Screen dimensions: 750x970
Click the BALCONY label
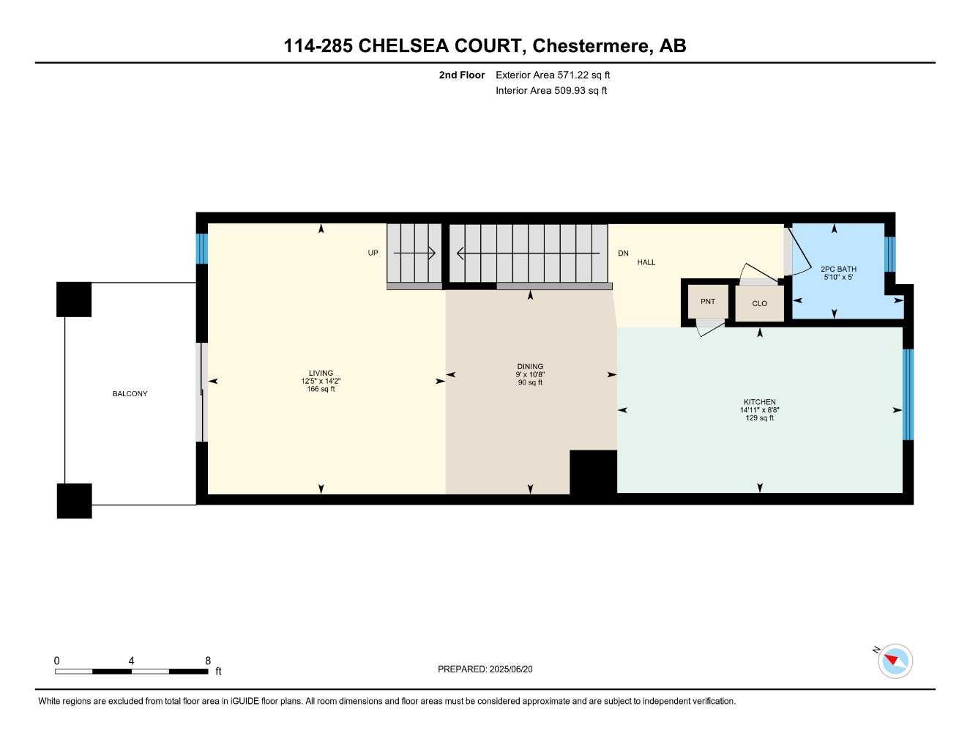coord(130,394)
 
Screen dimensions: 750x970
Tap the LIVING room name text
coord(321,373)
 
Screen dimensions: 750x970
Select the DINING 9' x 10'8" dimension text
coord(530,374)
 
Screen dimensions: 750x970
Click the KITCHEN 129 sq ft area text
coord(759,418)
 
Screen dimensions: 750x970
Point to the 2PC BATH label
coord(838,270)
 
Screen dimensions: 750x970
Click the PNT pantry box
coord(707,302)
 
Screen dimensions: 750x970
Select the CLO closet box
coord(759,303)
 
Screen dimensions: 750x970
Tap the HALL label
coord(646,262)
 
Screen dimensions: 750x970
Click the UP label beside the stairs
coord(373,253)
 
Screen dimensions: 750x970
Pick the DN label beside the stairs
coord(623,253)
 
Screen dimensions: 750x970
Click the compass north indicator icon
coord(895,661)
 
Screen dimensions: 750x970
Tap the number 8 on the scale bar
coord(208,661)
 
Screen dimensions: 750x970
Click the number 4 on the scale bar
coord(131,661)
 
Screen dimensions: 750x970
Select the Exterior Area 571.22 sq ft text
coord(553,75)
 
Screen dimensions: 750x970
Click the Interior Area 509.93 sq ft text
coord(551,91)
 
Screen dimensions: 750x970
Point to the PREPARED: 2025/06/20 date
coord(485,669)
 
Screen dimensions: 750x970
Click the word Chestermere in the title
coord(590,46)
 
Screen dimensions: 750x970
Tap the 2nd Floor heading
coord(461,75)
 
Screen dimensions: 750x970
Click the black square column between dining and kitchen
coord(593,472)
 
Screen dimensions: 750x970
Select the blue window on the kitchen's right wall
coord(908,394)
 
